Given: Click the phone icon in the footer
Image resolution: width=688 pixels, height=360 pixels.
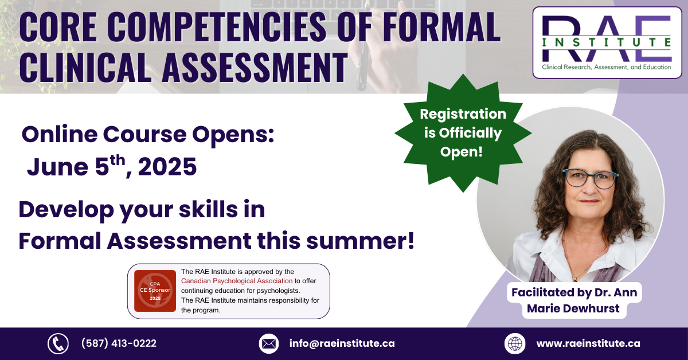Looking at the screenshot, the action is pos(58,343).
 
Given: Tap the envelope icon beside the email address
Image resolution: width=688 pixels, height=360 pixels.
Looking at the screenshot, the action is pos(269,343).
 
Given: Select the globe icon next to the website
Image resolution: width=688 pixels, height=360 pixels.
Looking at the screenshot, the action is pos(515,343).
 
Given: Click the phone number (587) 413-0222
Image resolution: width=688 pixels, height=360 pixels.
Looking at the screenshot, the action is pos(119,343).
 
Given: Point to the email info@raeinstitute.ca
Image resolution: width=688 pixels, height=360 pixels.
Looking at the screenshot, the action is pos(342,343).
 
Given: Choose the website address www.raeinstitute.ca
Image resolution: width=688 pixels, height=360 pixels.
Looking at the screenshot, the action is pos(588,343).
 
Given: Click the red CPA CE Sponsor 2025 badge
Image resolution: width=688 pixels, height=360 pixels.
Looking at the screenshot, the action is pos(155,291).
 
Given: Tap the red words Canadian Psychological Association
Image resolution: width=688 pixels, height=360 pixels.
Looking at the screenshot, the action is pos(237,281).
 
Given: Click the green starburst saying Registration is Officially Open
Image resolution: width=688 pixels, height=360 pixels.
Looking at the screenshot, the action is pos(463,133).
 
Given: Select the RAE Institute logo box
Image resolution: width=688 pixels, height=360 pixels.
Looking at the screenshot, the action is pos(607,42).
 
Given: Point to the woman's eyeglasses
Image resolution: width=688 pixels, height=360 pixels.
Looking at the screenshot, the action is pos(591,178).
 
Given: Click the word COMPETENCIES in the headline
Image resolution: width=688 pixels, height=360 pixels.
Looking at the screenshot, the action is pos(217,27).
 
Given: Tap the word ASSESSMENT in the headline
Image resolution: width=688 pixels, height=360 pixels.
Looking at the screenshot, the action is pos(255,68).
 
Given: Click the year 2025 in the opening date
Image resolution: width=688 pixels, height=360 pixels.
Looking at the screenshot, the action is pos(167,167).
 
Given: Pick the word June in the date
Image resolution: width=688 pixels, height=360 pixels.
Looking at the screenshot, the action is pos(57,167).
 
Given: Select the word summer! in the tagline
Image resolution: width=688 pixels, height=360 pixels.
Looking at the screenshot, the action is pos(361,241).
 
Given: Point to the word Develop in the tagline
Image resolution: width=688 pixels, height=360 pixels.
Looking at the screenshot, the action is pos(66,210).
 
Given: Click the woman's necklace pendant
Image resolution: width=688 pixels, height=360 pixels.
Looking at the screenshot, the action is pos(575,279).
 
